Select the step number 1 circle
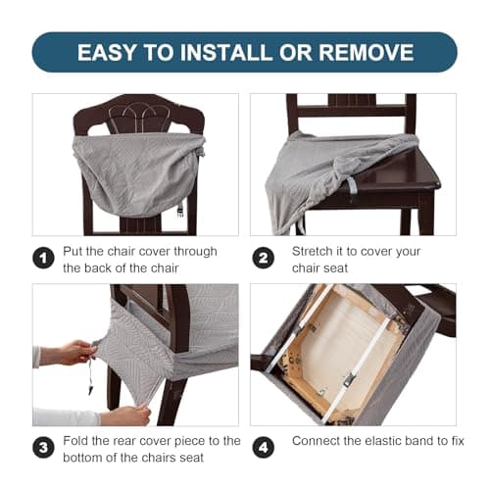coord(42,259)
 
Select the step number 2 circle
coord(263,259)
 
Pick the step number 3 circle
coord(42,449)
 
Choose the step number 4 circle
coord(263,449)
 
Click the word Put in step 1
coord(75,251)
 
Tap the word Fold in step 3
coord(78,441)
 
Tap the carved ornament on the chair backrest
coord(137,117)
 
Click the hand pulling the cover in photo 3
coord(71,352)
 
